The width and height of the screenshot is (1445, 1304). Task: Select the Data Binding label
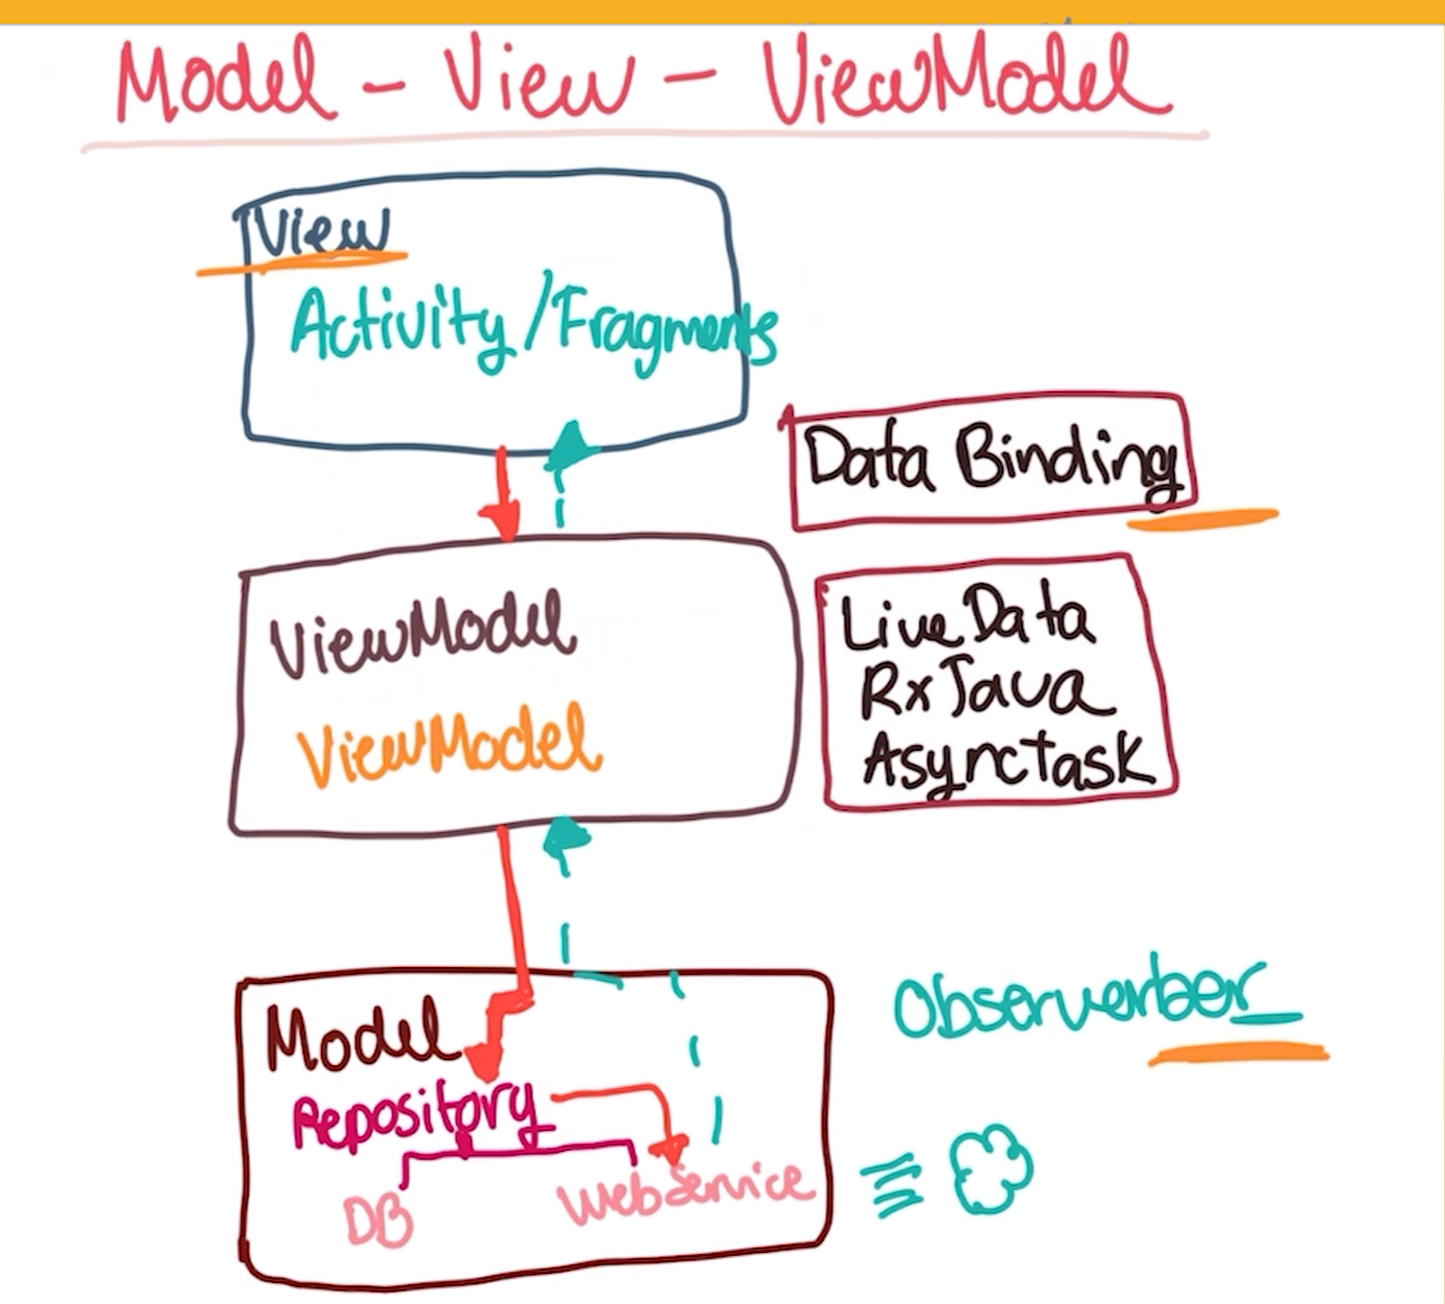click(x=994, y=461)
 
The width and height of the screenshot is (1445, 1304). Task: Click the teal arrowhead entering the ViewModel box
click(x=566, y=838)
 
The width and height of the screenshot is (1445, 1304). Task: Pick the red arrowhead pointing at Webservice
click(x=670, y=1148)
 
